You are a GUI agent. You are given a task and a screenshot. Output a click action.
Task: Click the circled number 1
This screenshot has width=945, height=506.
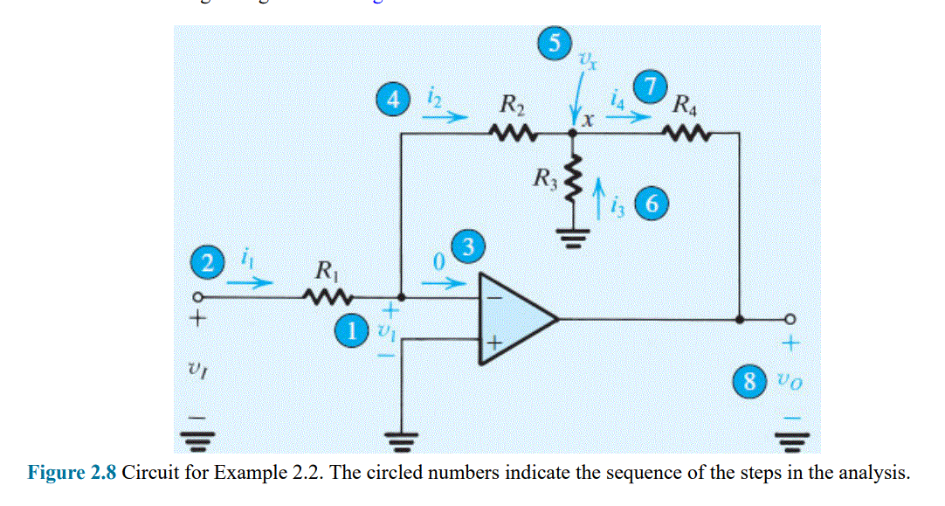point(353,330)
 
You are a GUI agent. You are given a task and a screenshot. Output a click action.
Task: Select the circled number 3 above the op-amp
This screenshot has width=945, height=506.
point(467,246)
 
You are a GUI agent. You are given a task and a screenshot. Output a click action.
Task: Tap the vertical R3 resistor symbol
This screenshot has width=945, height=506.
point(573,181)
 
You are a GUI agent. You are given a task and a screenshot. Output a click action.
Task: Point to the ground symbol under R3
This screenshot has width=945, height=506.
point(573,239)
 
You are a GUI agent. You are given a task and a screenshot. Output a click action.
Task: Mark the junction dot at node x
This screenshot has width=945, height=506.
point(573,134)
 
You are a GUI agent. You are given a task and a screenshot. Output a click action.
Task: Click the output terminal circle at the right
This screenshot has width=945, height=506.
point(791,319)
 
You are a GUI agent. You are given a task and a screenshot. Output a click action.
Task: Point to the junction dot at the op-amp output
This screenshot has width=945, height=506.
point(741,319)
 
